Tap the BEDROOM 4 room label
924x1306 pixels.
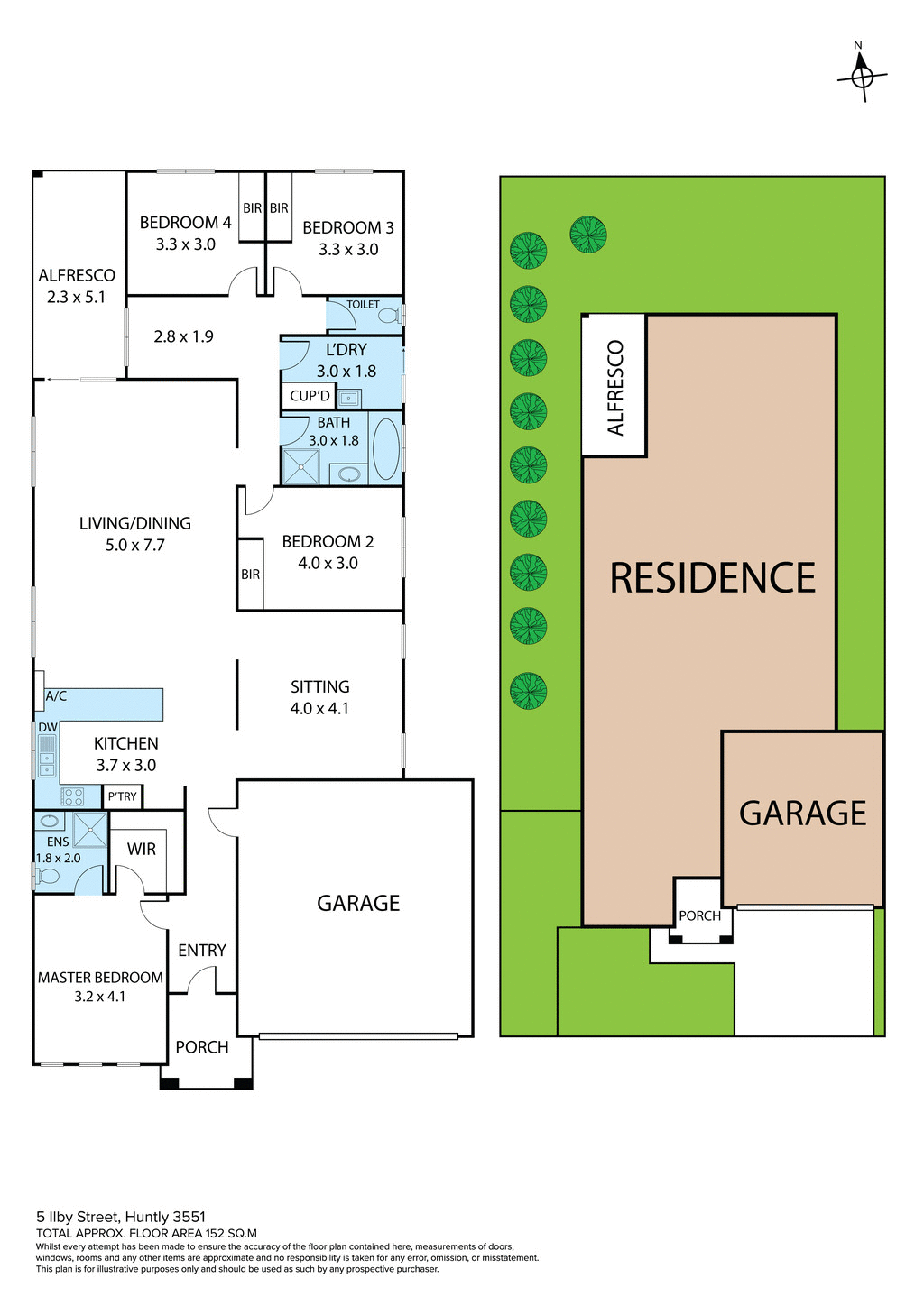[185, 223]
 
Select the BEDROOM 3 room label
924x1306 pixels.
[347, 228]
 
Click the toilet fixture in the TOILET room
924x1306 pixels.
[389, 316]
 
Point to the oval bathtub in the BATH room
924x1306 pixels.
[386, 448]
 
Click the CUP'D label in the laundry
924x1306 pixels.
[310, 396]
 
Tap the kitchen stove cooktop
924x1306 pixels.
[72, 796]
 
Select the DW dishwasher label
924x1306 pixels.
[48, 727]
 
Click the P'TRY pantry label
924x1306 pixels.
[122, 796]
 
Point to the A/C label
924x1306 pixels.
[56, 696]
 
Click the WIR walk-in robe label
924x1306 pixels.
[142, 849]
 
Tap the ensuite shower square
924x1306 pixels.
[90, 830]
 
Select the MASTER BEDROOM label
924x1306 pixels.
[100, 978]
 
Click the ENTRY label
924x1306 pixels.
[202, 951]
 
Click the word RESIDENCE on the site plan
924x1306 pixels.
[712, 578]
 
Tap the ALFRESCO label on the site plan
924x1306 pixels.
[615, 388]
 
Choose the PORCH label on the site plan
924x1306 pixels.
[699, 915]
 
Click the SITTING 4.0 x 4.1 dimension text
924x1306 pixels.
[319, 709]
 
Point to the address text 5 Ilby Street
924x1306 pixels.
[121, 1217]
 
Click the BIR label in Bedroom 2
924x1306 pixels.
[250, 575]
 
